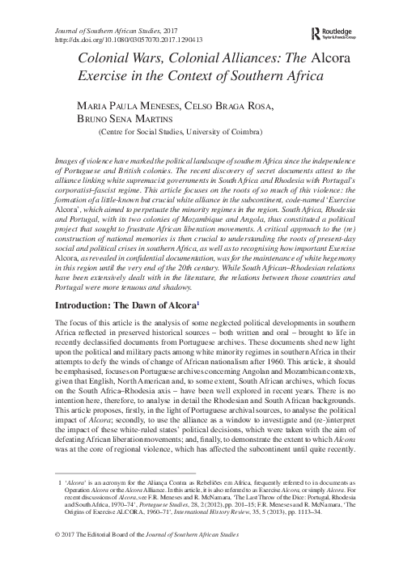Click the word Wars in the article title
(x=152, y=59)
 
